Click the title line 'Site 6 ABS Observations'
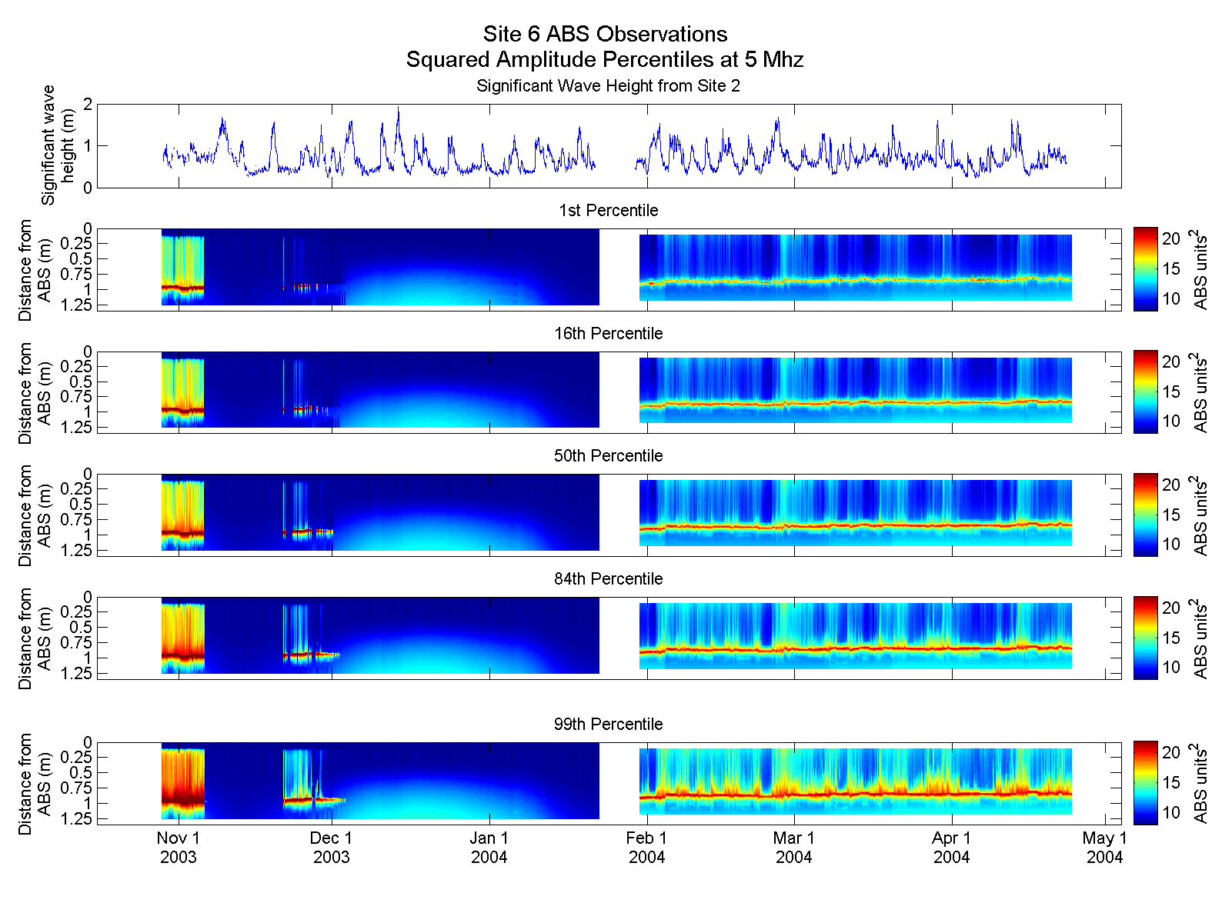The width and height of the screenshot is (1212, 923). click(605, 35)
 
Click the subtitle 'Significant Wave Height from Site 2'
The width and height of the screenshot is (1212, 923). click(608, 86)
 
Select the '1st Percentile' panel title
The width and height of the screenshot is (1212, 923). click(608, 211)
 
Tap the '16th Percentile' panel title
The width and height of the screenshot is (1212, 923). click(608, 334)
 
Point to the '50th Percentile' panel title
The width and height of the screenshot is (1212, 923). click(608, 456)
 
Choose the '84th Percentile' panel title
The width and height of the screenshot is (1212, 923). click(608, 579)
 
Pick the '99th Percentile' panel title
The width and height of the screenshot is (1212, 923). click(608, 725)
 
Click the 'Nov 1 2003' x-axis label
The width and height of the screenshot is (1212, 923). click(179, 848)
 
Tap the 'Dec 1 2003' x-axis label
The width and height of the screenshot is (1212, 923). click(331, 848)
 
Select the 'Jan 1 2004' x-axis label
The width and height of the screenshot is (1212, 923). click(489, 848)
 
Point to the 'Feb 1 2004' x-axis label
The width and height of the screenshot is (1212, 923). click(646, 848)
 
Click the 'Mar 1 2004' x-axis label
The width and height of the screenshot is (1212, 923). click(793, 848)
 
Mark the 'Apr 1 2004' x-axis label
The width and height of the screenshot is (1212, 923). click(951, 848)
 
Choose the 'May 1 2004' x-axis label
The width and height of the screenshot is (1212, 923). click(1104, 848)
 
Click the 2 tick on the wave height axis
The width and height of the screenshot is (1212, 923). click(88, 105)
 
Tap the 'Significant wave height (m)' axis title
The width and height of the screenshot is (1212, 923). click(58, 145)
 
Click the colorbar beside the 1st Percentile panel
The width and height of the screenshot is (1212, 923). click(1145, 269)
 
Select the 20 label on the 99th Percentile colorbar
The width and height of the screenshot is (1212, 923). click(1170, 753)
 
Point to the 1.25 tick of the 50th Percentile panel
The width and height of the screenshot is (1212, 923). click(78, 551)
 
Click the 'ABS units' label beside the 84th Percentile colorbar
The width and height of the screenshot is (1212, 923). click(1200, 638)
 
